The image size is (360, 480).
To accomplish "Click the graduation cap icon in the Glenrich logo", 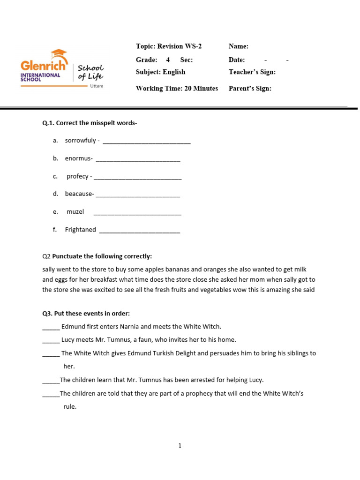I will point(59,54).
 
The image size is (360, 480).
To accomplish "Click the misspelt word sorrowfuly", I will point(80,141).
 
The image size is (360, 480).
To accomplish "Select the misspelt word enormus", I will point(78,158).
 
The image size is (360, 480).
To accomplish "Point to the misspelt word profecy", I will point(77,176).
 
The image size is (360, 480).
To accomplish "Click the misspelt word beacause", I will point(79,194).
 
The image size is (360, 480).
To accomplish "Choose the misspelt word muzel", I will point(75,212).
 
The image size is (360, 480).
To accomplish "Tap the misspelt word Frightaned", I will point(80,230).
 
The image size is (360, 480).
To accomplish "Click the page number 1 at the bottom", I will point(180,446).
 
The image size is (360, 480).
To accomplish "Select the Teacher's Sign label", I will point(252,72).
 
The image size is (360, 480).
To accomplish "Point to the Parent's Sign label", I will point(250,89).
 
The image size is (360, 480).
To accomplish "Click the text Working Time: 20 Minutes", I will point(177,89).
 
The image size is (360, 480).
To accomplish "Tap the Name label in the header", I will point(238,46).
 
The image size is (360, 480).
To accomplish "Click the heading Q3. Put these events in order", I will point(86,313).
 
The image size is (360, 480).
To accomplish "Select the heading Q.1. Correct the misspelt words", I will point(90,123).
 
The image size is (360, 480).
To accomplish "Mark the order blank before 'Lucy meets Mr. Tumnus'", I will point(51,341).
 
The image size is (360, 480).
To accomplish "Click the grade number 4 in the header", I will point(168,60).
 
